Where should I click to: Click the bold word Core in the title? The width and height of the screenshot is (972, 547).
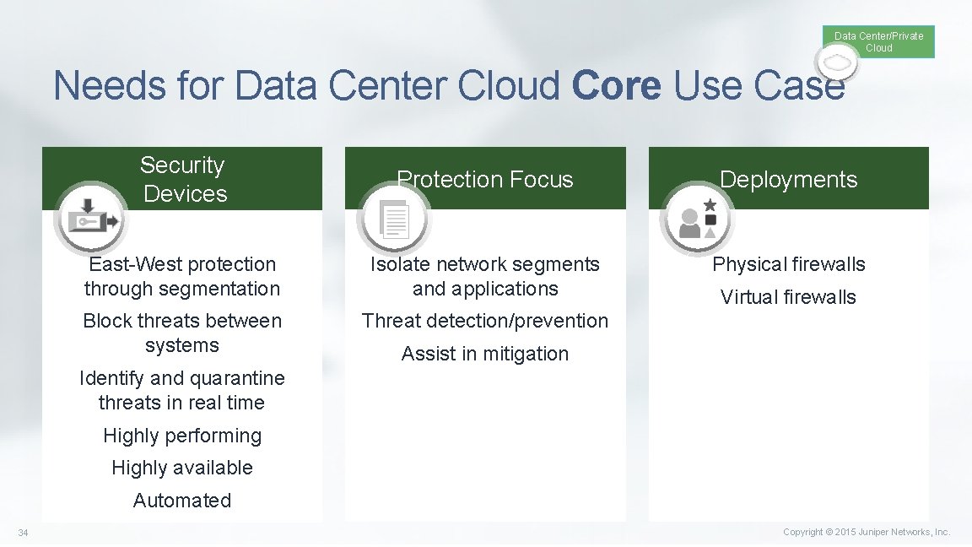pos(616,86)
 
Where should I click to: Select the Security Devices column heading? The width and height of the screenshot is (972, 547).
pos(183,179)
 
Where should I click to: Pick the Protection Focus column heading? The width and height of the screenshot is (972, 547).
pos(485,179)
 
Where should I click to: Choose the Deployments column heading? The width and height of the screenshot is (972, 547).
pos(788,179)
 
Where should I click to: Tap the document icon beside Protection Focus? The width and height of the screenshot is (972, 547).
pos(393,219)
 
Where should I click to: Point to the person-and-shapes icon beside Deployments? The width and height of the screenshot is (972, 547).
pos(697,219)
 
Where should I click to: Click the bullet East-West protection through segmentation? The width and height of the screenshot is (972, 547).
pos(182,276)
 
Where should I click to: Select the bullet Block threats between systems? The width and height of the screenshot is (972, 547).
pos(182,333)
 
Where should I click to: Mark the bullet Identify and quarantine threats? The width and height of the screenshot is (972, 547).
pos(182,390)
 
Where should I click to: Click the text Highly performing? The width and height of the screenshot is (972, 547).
pos(182,436)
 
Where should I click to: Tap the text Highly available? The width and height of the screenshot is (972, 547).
pos(182,468)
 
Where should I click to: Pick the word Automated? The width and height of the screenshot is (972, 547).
pos(182,501)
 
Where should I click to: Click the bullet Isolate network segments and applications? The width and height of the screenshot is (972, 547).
pos(485,276)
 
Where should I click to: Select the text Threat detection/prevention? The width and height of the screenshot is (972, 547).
pos(485,321)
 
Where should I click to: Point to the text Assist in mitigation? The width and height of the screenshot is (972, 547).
pos(485,354)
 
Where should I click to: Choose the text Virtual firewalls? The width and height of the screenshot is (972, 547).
pos(788,297)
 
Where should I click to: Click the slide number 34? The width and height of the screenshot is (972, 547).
pos(23,533)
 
